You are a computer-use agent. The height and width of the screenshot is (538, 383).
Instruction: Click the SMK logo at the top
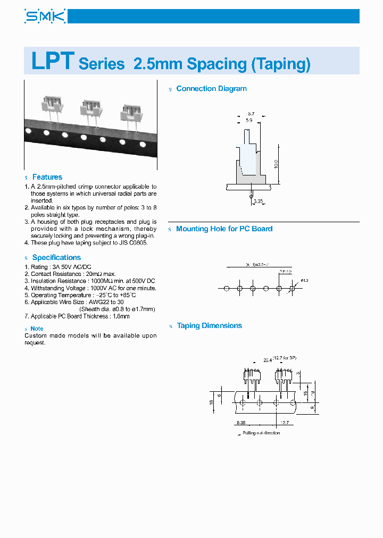point(45,16)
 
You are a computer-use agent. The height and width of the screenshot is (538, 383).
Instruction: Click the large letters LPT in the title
point(52,62)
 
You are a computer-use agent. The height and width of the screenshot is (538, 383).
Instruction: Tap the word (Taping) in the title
point(280,64)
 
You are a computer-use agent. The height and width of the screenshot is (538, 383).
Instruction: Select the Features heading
point(47,177)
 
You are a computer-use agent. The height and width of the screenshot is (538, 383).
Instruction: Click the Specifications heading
point(56,257)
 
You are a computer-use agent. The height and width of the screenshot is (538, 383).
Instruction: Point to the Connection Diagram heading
point(211,89)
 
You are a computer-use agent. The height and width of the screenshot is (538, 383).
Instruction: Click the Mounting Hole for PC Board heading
point(224,229)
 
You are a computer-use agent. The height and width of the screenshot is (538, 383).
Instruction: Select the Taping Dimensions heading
point(209,326)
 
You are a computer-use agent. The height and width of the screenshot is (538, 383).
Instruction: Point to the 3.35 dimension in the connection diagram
point(259,201)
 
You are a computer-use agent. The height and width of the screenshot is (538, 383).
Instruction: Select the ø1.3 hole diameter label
point(305,280)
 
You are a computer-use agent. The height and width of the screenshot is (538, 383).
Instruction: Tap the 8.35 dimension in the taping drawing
point(242,423)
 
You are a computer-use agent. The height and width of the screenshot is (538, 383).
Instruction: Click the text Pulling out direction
point(261,433)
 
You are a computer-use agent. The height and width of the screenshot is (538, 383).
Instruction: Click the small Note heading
point(37,329)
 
